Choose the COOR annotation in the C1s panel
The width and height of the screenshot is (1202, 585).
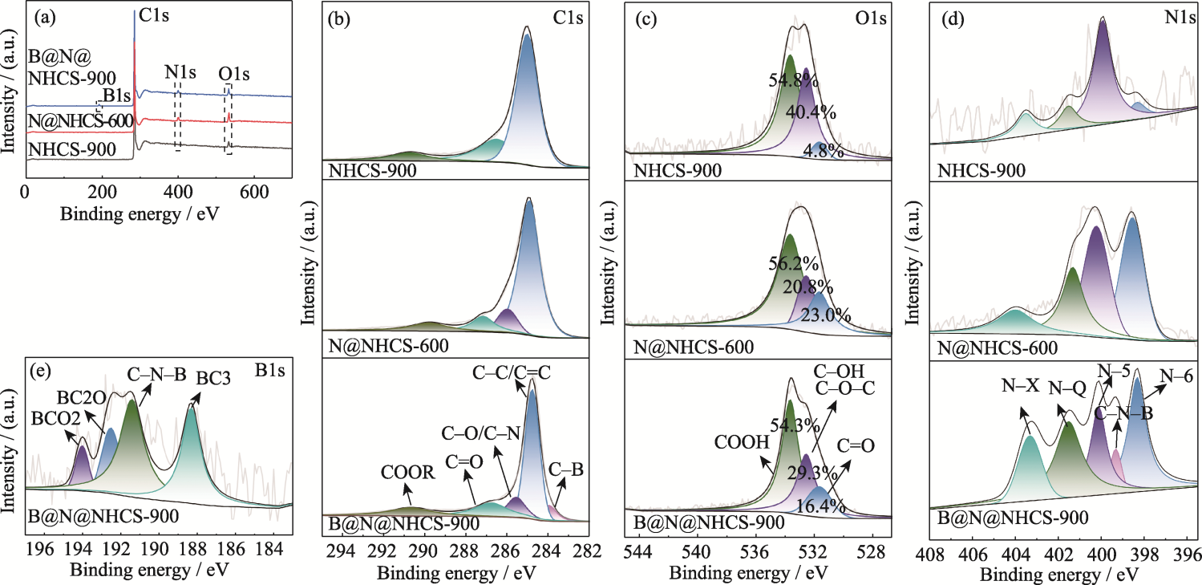click(x=407, y=474)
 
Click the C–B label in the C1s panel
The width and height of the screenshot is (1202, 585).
click(x=566, y=469)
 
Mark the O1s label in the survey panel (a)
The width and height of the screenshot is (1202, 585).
click(x=234, y=74)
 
